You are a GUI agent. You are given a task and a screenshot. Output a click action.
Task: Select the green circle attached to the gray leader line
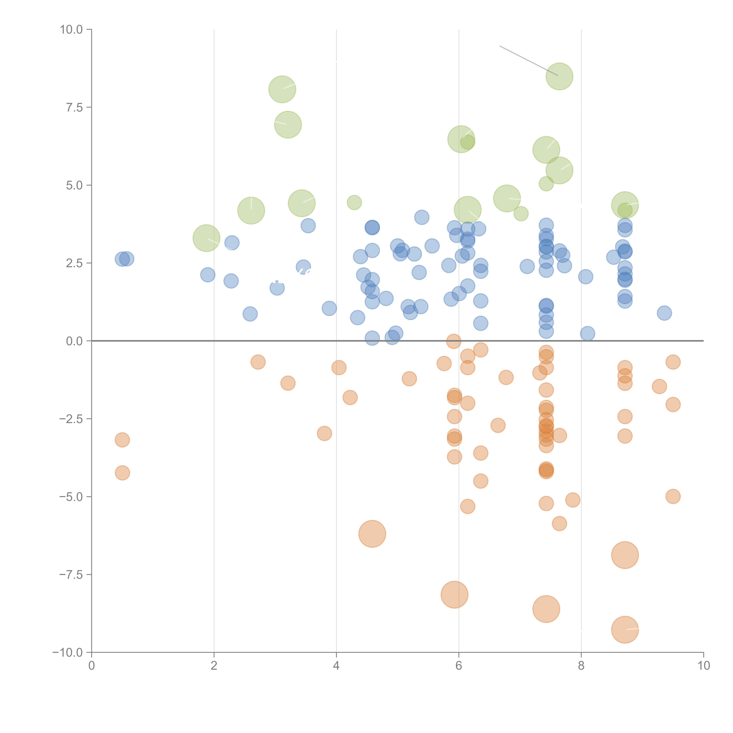pyautogui.click(x=559, y=76)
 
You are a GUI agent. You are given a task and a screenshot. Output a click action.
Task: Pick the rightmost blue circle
pyautogui.click(x=664, y=313)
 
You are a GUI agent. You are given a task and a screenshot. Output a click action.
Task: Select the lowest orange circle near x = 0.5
pyautogui.click(x=122, y=473)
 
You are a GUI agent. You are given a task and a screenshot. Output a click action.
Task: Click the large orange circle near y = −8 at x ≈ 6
pyautogui.click(x=454, y=594)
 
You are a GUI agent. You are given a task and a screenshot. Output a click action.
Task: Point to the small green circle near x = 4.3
pyautogui.click(x=354, y=202)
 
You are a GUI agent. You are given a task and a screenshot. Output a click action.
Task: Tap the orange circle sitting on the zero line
pyautogui.click(x=454, y=341)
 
